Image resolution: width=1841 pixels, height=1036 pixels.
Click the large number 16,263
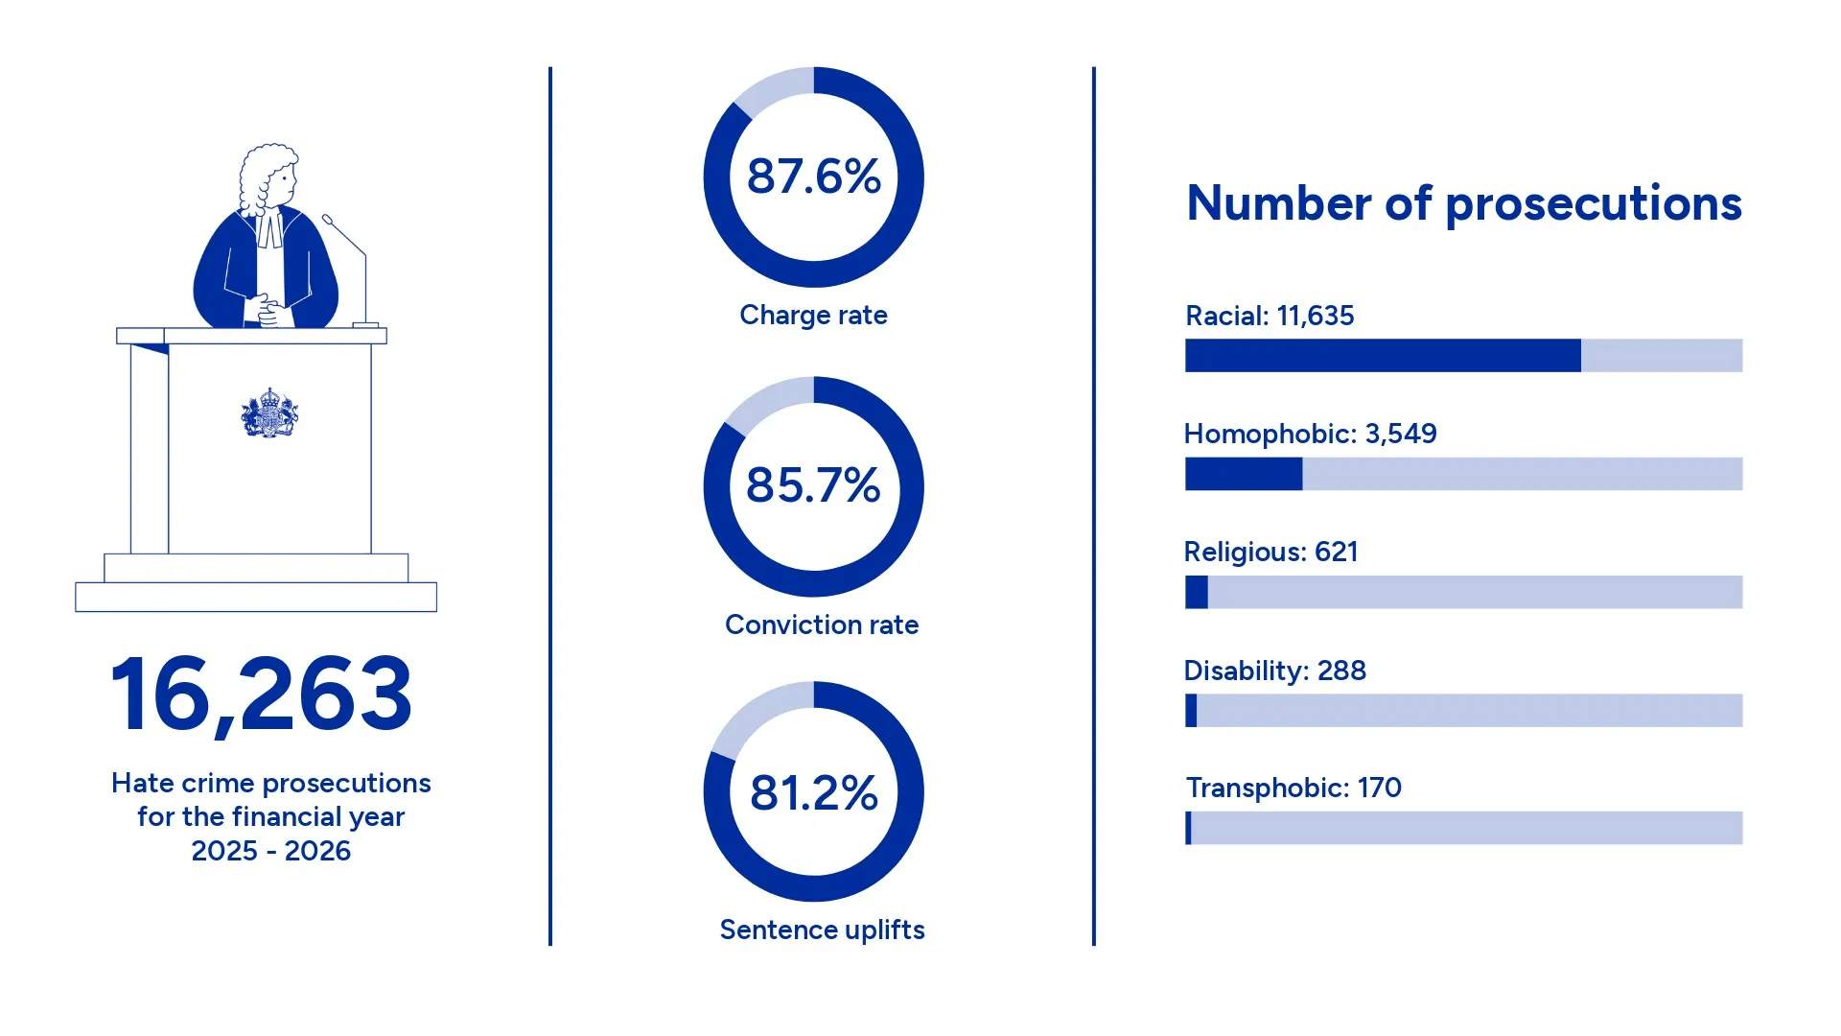pyautogui.click(x=261, y=695)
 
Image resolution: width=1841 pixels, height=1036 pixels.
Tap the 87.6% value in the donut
pyautogui.click(x=814, y=177)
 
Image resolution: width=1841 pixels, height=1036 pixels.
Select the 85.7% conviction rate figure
pyautogui.click(x=813, y=485)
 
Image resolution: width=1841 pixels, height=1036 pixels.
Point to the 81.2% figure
pyautogui.click(x=814, y=793)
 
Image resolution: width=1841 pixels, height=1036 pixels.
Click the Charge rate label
pyautogui.click(x=813, y=316)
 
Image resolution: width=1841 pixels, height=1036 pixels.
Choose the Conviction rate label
pyautogui.click(x=822, y=624)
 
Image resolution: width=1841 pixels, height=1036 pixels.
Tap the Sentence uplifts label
pyautogui.click(x=822, y=930)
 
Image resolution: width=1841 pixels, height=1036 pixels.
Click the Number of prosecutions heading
pyautogui.click(x=1464, y=204)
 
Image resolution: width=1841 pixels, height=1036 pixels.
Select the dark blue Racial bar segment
pyautogui.click(x=1383, y=355)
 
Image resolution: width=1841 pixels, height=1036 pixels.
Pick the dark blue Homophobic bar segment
pyautogui.click(x=1244, y=474)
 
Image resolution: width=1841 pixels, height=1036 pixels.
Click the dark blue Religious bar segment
pyautogui.click(x=1197, y=592)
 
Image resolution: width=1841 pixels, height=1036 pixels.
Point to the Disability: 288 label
pyautogui.click(x=1275, y=671)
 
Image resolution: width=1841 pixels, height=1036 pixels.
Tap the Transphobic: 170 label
pyautogui.click(x=1293, y=789)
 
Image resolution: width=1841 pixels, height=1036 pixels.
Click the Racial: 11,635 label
pyautogui.click(x=1270, y=316)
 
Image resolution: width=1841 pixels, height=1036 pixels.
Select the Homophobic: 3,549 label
pyautogui.click(x=1310, y=435)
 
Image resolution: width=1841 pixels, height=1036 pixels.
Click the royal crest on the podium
pyautogui.click(x=269, y=413)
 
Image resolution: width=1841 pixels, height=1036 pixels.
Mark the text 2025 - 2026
pyautogui.click(x=271, y=851)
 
